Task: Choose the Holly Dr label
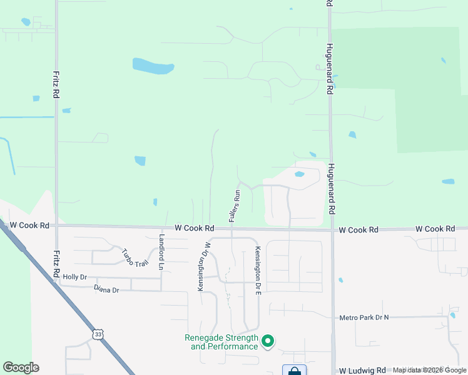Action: (74, 276)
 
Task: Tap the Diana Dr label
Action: (106, 289)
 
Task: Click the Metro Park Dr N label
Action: (364, 317)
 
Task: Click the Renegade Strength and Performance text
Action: (221, 342)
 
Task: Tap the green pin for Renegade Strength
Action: (268, 341)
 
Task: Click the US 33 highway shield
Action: (98, 334)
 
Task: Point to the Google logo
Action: (21, 367)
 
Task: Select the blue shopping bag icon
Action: (294, 371)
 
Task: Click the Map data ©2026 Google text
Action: (430, 370)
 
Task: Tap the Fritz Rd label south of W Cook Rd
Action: (56, 263)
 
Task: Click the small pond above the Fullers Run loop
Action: (299, 174)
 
